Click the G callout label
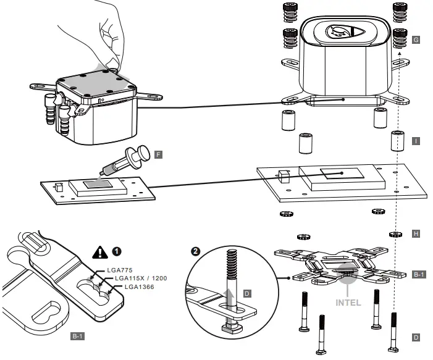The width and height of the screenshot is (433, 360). (416, 40)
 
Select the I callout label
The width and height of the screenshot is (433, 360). (416, 141)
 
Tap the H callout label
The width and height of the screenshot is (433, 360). (416, 234)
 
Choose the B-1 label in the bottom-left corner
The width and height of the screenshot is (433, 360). (77, 337)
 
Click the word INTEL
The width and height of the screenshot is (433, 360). (348, 303)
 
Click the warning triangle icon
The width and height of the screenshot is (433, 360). (99, 251)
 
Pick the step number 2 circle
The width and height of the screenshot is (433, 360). (196, 251)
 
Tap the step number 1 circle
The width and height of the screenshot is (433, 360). (117, 251)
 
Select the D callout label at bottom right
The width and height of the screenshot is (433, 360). (416, 337)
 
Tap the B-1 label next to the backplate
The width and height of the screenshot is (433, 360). (418, 274)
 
